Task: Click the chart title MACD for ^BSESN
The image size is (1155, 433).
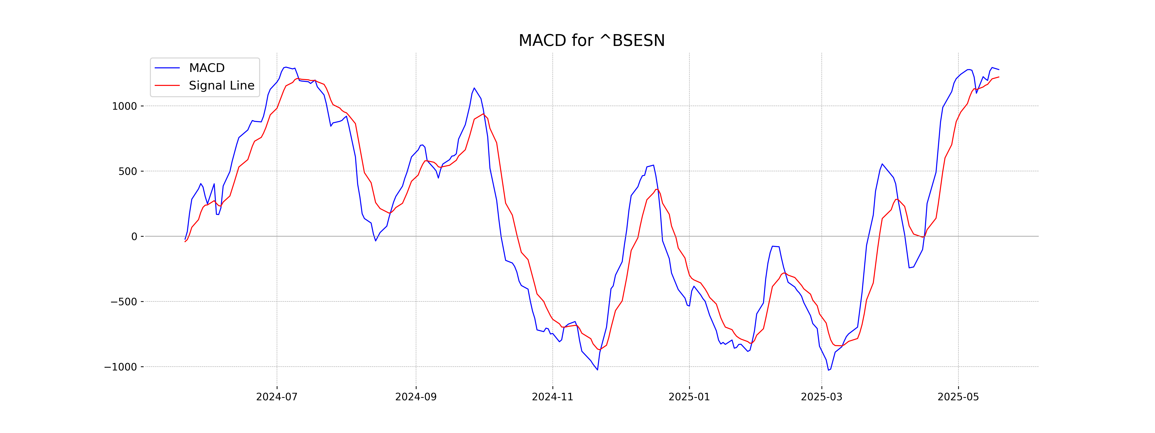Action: (x=591, y=41)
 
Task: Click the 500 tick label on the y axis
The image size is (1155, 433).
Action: (x=128, y=171)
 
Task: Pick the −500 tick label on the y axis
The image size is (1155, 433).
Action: (x=124, y=302)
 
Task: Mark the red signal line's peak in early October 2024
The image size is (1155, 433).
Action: (x=483, y=114)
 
